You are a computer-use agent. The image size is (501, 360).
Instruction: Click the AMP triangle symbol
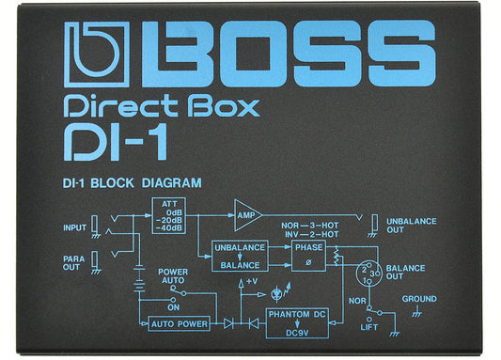(247, 215)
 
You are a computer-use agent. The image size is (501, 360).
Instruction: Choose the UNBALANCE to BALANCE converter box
(239, 255)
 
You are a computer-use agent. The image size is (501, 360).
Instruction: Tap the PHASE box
(308, 256)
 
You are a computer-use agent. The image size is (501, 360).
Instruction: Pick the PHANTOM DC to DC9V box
(297, 321)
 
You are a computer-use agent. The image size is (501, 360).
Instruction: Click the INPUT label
(74, 227)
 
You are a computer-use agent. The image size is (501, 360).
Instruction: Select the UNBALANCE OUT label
(411, 226)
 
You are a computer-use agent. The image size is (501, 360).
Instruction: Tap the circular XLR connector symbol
(369, 273)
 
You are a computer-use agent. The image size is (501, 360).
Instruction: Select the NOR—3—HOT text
(309, 227)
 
